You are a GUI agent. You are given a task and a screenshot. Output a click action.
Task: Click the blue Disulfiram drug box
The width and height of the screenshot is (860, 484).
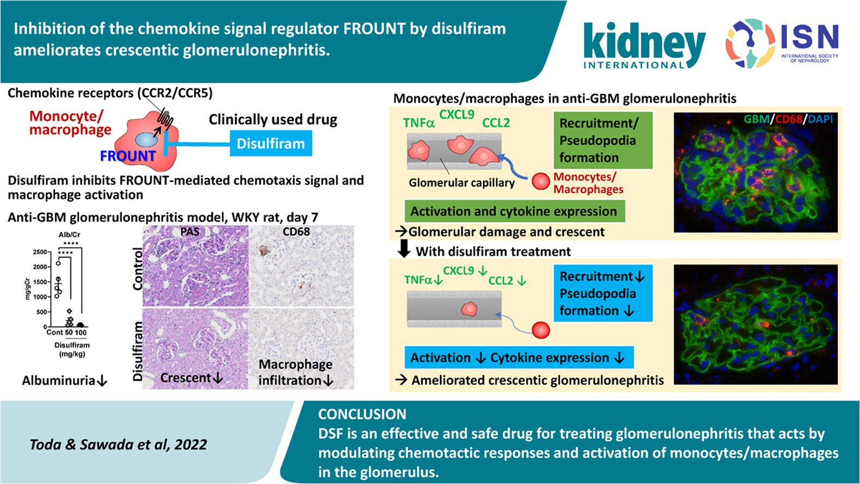[271, 144]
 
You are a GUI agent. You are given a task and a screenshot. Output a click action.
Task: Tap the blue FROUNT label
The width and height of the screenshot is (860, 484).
[128, 156]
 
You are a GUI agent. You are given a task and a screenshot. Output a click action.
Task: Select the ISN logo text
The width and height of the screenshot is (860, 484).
[810, 38]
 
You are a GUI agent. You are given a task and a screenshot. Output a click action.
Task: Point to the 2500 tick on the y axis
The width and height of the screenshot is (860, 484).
[40, 252]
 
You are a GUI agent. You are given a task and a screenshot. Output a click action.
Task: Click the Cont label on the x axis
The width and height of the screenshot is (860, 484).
[55, 332]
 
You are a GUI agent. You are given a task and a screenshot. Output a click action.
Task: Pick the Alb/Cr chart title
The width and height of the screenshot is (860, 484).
[69, 235]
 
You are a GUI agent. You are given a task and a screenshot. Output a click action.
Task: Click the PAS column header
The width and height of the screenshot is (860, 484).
[190, 232]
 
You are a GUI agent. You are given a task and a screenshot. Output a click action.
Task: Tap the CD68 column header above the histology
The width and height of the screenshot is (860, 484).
[296, 232]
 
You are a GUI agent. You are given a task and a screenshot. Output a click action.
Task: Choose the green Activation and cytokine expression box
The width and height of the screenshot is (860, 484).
[514, 211]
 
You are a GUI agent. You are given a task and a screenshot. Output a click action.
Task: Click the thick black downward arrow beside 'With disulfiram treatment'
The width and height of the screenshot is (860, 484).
[404, 249]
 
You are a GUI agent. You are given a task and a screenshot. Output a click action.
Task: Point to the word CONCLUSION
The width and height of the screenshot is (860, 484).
[362, 414]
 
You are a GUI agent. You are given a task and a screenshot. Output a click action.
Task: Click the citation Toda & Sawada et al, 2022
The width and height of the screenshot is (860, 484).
[118, 445]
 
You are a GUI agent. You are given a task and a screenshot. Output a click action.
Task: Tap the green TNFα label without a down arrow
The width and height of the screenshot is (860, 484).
[419, 123]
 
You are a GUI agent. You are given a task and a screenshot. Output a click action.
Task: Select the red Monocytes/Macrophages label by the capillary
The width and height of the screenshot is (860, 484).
[588, 183]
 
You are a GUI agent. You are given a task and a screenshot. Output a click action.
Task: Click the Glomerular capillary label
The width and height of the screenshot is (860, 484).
[462, 182]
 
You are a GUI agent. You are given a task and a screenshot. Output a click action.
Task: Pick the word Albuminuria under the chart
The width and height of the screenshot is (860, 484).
[58, 381]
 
